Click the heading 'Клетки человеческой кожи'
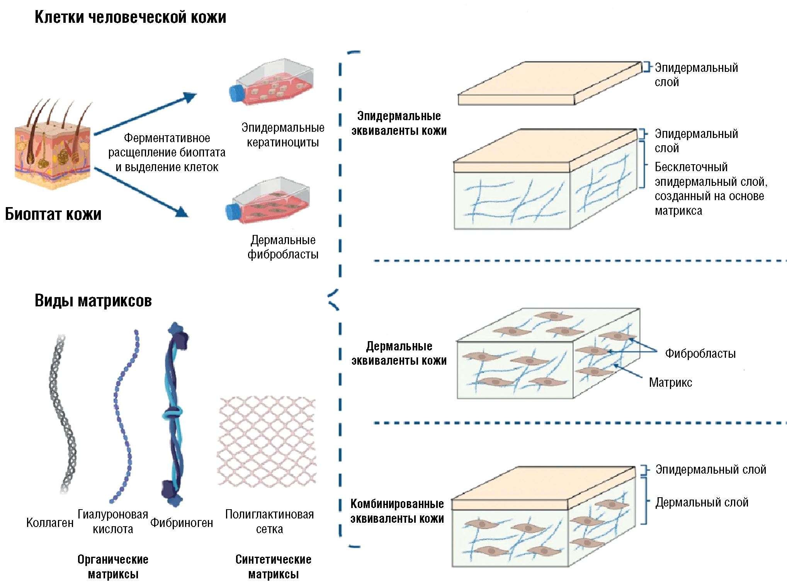pyautogui.click(x=130, y=17)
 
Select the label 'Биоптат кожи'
pyautogui.click(x=53, y=214)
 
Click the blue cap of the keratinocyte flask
pyautogui.click(x=236, y=93)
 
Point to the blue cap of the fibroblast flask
pyautogui.click(x=233, y=212)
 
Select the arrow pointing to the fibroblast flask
pyautogui.click(x=141, y=192)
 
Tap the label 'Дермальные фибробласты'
pyautogui.click(x=283, y=247)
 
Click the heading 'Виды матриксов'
pyautogui.click(x=93, y=301)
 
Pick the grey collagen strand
pyautogui.click(x=62, y=413)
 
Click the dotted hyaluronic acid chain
pyautogui.click(x=124, y=417)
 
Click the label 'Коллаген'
pyautogui.click(x=50, y=523)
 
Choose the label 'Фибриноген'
pyautogui.click(x=182, y=523)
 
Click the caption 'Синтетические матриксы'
pyautogui.click(x=273, y=567)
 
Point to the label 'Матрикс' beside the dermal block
pyautogui.click(x=670, y=382)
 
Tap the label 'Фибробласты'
pyautogui.click(x=700, y=354)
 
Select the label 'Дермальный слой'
pyautogui.click(x=702, y=502)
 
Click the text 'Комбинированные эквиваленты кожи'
pyautogui.click(x=397, y=511)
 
